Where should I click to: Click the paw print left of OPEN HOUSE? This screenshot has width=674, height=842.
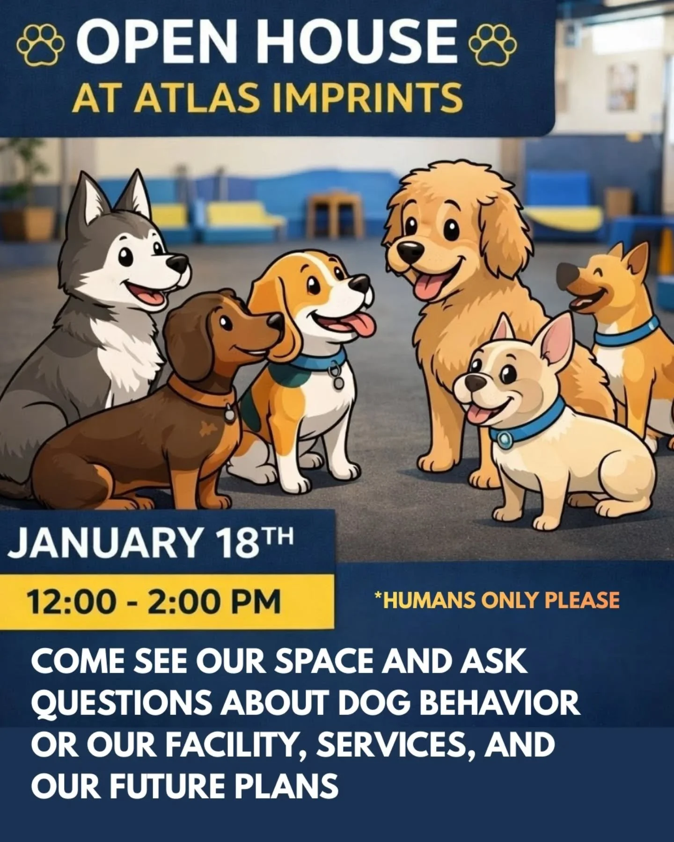click(x=41, y=45)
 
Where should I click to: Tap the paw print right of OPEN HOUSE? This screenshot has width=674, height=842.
click(x=493, y=45)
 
